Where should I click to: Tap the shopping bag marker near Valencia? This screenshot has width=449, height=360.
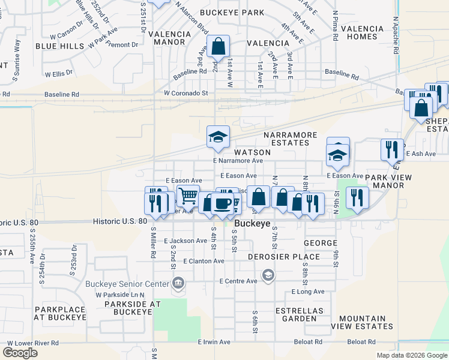click(218, 46)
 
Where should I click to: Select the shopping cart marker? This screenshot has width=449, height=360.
click(188, 196)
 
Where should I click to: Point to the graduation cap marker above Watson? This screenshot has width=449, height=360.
click(218, 137)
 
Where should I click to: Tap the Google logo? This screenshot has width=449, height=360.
click(20, 353)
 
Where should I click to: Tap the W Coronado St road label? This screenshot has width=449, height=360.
click(185, 93)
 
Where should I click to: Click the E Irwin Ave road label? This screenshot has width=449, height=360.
click(214, 342)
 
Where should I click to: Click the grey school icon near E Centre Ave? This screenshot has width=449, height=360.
click(268, 275)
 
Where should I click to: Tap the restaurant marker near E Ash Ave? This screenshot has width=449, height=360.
click(392, 149)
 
